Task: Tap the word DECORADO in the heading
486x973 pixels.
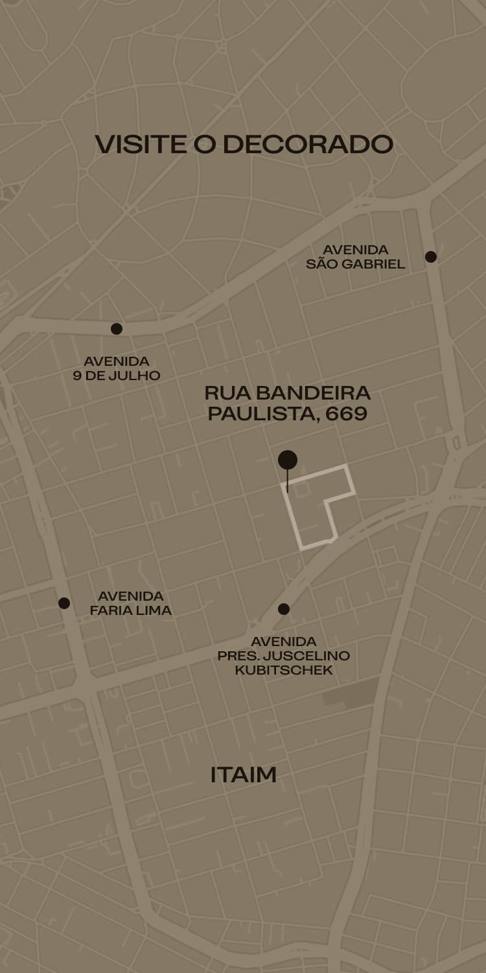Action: pyautogui.click(x=308, y=144)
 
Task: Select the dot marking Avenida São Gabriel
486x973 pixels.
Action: pyautogui.click(x=431, y=257)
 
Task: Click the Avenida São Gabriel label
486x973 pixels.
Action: pyautogui.click(x=356, y=257)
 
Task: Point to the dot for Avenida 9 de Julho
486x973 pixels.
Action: pyautogui.click(x=117, y=329)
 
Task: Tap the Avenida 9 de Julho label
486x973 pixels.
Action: pyautogui.click(x=117, y=368)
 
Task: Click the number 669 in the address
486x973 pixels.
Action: pyautogui.click(x=347, y=414)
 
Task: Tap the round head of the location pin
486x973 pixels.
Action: pyautogui.click(x=288, y=460)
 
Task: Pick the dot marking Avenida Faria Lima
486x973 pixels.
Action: pyautogui.click(x=64, y=603)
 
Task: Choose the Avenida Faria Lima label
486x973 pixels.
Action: pyautogui.click(x=131, y=603)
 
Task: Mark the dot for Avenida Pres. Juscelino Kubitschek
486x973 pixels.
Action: pyautogui.click(x=284, y=609)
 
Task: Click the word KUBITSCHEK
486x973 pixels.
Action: pyautogui.click(x=284, y=670)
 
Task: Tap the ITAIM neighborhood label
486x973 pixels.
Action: pyautogui.click(x=244, y=775)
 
